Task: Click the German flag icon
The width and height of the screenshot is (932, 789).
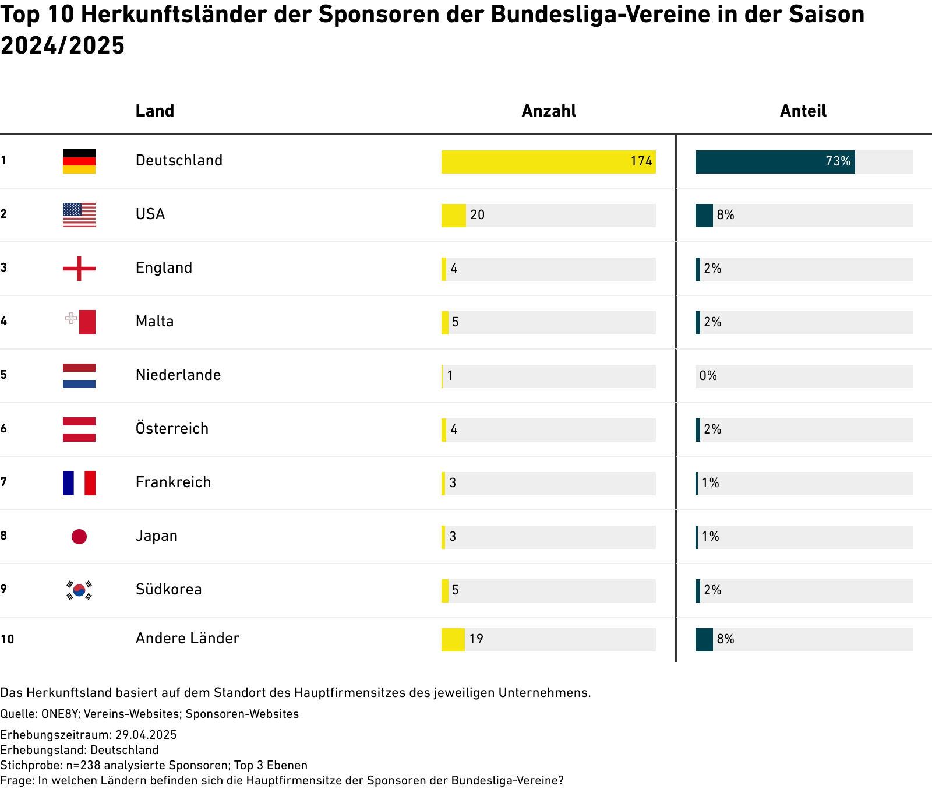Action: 79,161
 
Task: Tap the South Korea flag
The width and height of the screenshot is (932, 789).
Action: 79,590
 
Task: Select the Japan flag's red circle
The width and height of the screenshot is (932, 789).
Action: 79,537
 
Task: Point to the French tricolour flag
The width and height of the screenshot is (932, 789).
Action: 79,483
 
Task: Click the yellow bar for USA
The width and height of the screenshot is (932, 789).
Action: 453,216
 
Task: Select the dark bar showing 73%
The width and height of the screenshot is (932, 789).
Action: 775,162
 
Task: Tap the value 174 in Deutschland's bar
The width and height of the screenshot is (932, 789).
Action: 641,161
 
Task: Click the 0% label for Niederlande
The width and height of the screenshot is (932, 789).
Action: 708,376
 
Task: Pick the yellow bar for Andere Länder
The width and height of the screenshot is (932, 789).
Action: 453,640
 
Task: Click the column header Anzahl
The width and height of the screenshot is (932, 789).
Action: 549,111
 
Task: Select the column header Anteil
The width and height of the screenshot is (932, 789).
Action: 803,111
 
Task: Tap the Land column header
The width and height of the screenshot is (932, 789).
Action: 155,111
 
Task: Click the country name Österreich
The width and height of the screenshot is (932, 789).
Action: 172,429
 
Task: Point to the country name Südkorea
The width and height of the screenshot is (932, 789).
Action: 169,590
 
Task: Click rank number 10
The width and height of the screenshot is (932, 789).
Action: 7,639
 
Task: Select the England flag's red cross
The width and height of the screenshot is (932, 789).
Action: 79,269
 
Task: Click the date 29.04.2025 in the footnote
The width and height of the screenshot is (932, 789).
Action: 146,735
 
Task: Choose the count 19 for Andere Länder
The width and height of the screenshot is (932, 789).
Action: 476,639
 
